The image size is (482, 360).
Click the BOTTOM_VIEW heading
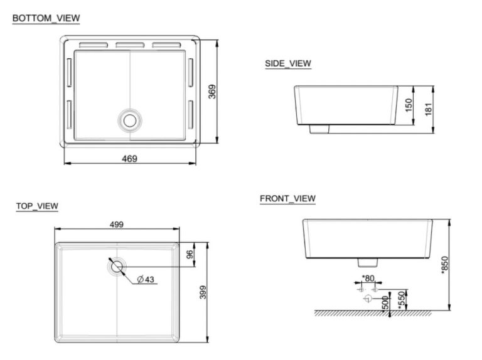46,18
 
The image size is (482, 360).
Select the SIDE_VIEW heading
288,63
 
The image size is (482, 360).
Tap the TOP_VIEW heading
37,206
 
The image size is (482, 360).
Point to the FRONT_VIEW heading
287,199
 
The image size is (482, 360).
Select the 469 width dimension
129,159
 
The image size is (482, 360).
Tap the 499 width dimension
117,224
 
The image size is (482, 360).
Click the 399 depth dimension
203,292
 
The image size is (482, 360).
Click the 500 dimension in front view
384,302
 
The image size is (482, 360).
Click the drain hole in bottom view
130,119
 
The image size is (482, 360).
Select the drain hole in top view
117,267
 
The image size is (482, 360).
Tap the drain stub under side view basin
320,129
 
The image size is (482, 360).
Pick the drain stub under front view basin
367,261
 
